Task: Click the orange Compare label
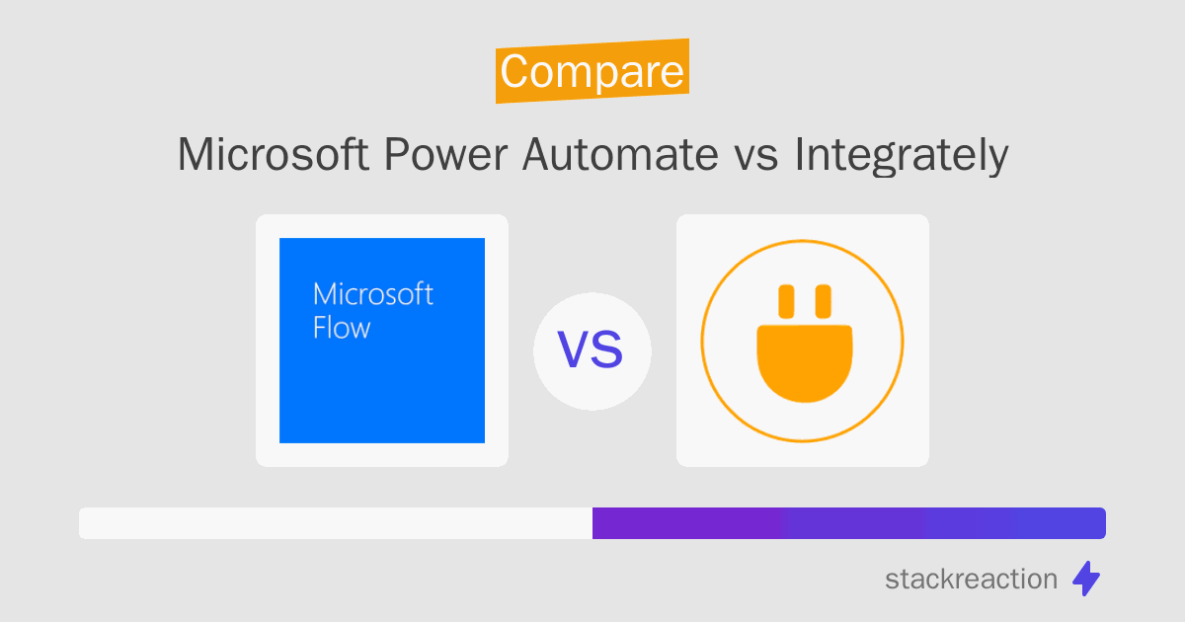point(592,71)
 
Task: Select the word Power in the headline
point(428,155)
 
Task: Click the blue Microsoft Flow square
point(382,375)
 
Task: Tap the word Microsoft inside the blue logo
point(372,294)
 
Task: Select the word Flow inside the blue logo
point(341,328)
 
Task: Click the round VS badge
point(592,351)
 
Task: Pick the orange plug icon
point(802,350)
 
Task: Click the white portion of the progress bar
point(335,523)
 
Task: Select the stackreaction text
point(971,579)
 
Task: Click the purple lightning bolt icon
point(1086,579)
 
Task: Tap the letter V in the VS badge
point(575,351)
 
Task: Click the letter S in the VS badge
point(609,351)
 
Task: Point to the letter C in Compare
point(516,72)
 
